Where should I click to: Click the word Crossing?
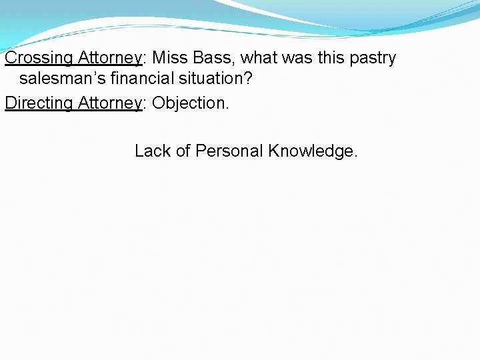39,58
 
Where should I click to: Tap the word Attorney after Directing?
110,103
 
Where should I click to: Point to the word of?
183,151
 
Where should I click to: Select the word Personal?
229,151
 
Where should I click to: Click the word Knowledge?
310,151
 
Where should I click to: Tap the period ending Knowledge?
355,155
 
